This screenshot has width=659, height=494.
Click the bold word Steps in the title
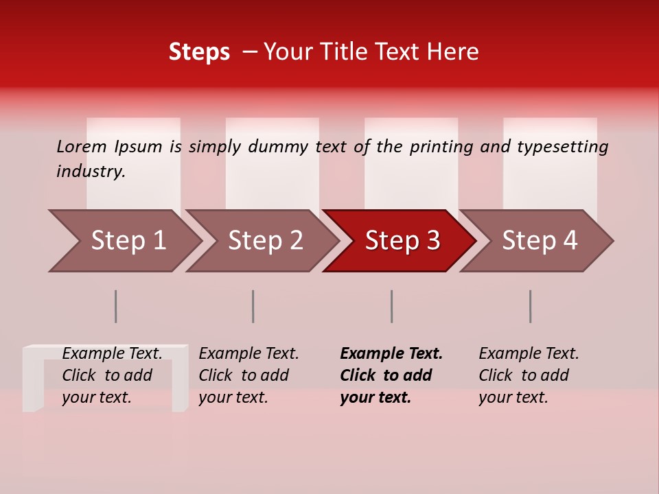click(x=199, y=52)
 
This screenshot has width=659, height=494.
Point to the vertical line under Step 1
click(x=115, y=306)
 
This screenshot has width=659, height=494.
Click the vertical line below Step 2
click(x=253, y=306)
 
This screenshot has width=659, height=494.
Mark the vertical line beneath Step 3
click(x=391, y=306)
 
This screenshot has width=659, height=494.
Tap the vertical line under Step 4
click(x=530, y=306)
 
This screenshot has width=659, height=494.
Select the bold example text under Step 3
click(x=391, y=375)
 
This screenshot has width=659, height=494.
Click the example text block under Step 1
click(x=112, y=375)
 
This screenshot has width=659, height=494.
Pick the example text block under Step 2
click(x=248, y=375)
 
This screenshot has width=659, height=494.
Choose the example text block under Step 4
click(x=529, y=375)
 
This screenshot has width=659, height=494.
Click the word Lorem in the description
click(x=82, y=146)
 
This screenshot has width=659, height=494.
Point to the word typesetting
click(x=562, y=146)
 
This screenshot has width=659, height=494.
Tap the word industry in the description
click(x=90, y=171)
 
